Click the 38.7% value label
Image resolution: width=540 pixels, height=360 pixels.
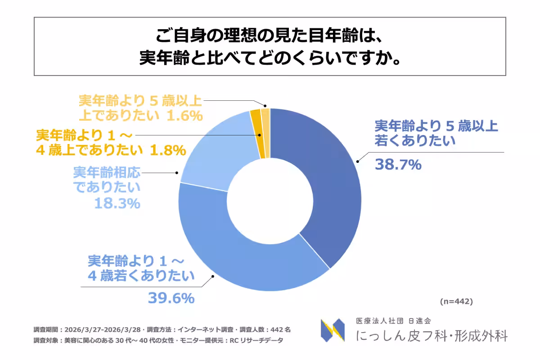pos(398,165)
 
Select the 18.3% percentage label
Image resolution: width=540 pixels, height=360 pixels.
pos(117,203)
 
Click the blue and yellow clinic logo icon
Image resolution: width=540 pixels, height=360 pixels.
pos(333,330)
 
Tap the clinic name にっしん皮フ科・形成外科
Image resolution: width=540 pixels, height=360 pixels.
pos(432,336)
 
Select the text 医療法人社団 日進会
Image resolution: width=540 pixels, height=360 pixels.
pos(393,321)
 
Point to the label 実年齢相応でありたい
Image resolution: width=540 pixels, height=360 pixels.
pos(107,179)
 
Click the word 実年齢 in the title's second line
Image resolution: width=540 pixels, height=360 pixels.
pos(162,58)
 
